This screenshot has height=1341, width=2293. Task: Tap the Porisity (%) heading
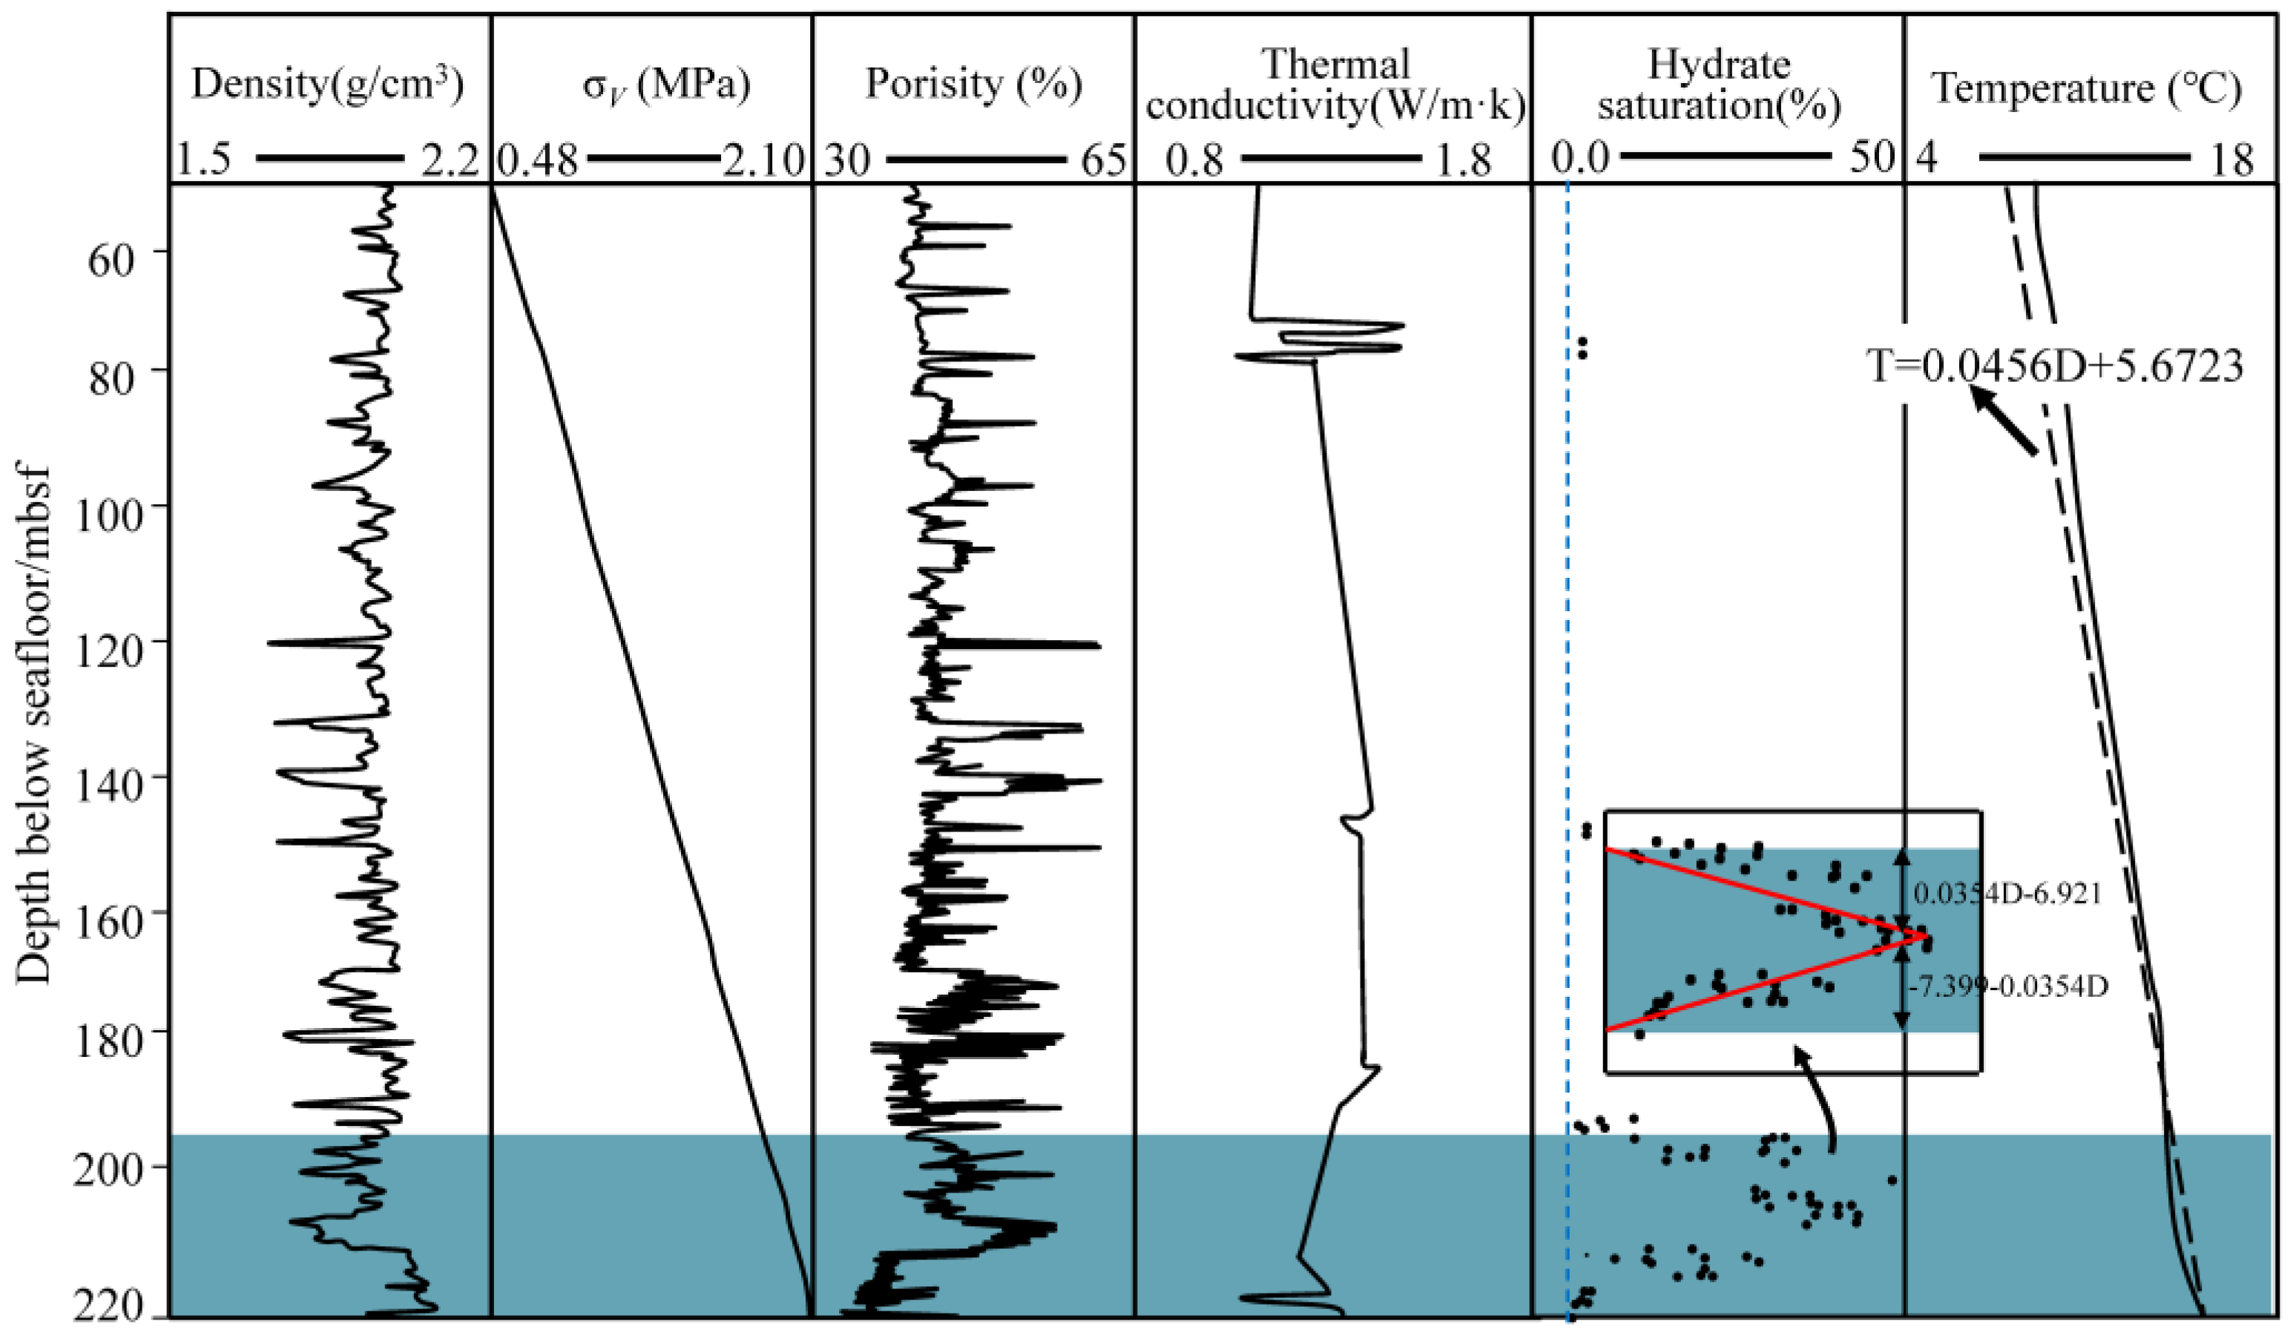pyautogui.click(x=973, y=85)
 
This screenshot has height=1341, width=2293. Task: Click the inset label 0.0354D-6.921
pyautogui.click(x=2007, y=894)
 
